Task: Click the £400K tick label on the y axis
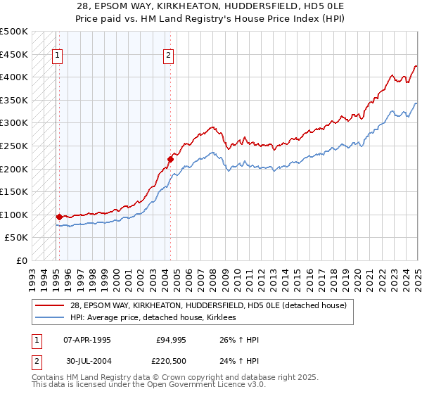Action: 14,77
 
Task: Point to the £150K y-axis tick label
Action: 14,191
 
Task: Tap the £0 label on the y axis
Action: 21,260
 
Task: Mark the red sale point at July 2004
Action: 170,159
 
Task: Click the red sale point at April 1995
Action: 59,217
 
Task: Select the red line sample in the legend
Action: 50,306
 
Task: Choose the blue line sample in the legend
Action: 50,317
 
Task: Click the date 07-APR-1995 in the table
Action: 87,340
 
